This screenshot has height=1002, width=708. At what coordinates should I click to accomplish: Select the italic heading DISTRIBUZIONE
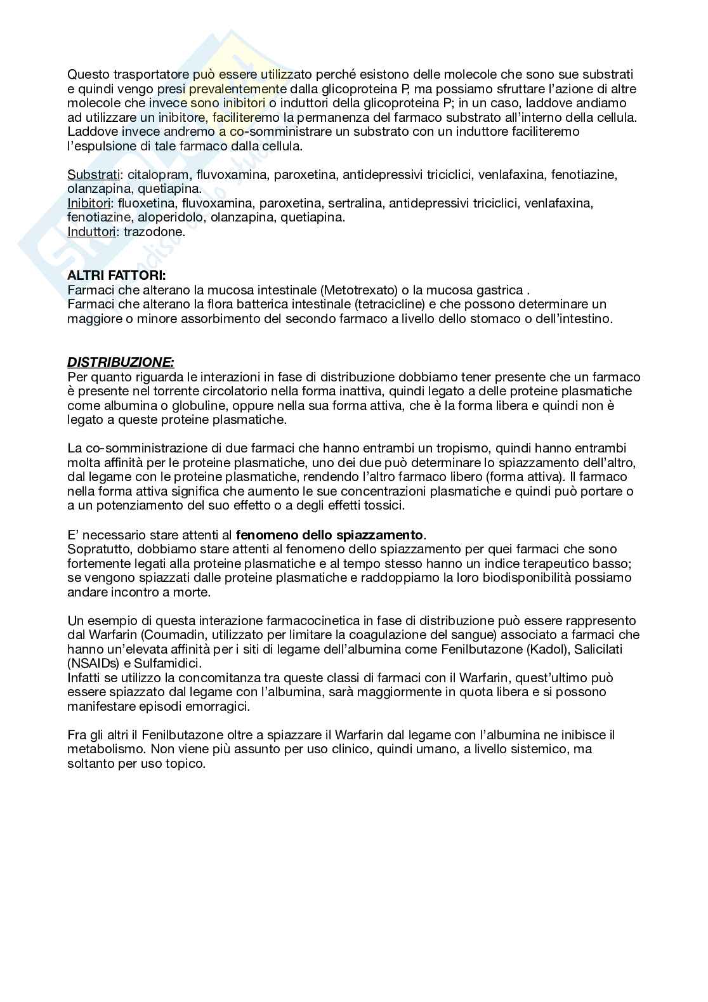(x=121, y=362)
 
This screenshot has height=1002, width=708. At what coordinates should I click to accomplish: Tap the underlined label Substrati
(x=93, y=175)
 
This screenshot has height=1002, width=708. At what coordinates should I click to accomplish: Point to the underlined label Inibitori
(x=90, y=203)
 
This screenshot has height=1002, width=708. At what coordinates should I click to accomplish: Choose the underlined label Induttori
(x=92, y=232)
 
